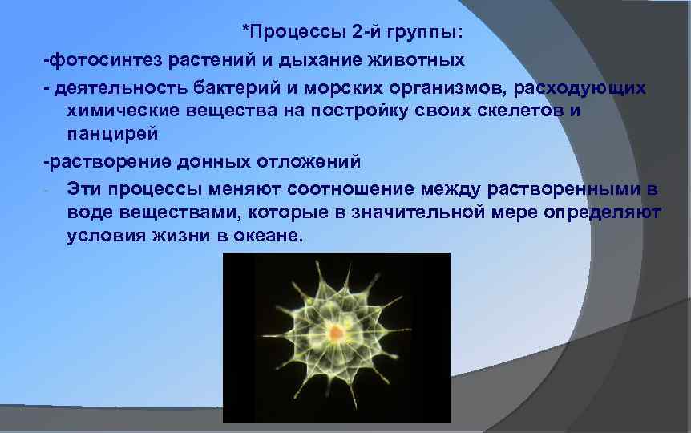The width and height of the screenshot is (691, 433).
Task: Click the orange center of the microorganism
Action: point(337,330)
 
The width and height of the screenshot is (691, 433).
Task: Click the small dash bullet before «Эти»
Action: point(48,190)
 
